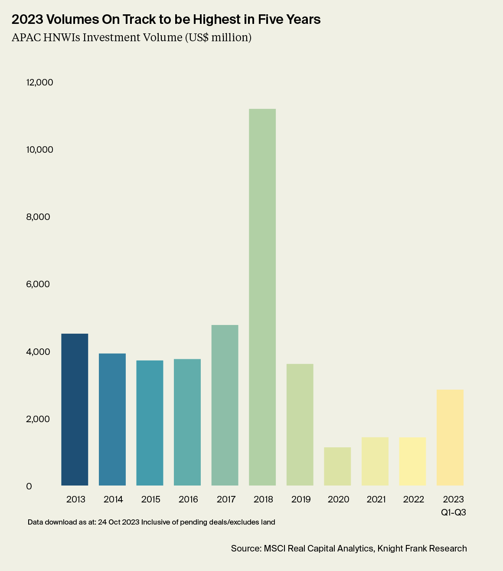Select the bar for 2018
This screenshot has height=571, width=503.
262,297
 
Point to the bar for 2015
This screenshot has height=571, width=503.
150,423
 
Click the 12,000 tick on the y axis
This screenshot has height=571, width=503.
39,82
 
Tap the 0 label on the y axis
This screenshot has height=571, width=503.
29,486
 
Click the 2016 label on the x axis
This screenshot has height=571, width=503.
188,499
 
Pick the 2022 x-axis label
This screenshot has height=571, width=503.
414,499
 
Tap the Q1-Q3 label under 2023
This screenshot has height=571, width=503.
454,512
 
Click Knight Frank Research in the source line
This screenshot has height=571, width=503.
422,548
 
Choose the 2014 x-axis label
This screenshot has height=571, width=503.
113,499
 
